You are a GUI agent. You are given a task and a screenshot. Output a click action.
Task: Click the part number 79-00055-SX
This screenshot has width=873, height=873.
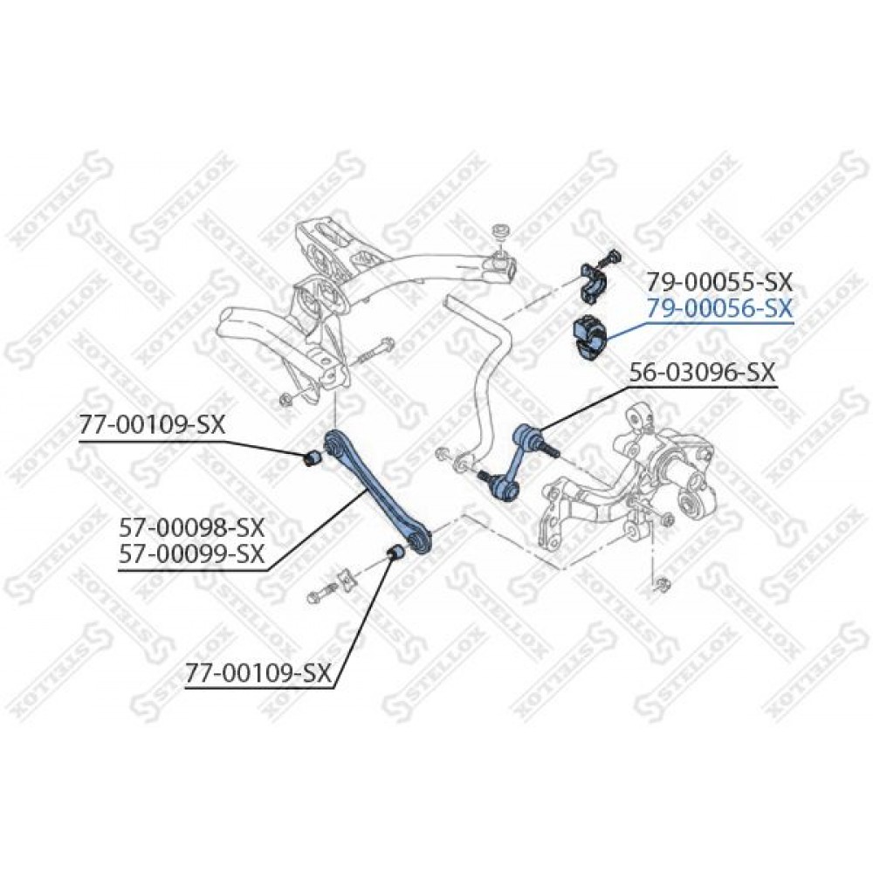718,283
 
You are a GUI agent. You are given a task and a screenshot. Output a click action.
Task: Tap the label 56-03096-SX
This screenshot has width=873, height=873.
703,373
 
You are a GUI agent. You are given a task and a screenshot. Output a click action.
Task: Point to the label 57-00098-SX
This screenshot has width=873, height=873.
191,526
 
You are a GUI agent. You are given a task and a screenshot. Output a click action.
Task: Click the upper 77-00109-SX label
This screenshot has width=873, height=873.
152,426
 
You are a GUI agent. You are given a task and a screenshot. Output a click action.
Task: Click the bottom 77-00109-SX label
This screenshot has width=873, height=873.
258,674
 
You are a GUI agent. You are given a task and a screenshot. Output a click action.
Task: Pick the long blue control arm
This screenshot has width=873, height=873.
379,491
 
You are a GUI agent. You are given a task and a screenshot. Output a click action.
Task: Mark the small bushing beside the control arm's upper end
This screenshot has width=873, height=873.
312,457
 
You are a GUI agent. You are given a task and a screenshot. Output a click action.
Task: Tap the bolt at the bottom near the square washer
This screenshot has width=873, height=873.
322,592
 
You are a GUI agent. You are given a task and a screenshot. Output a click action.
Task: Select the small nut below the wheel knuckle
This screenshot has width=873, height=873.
663,583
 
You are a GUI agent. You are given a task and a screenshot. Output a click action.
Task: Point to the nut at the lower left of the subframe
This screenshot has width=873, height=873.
286,398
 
